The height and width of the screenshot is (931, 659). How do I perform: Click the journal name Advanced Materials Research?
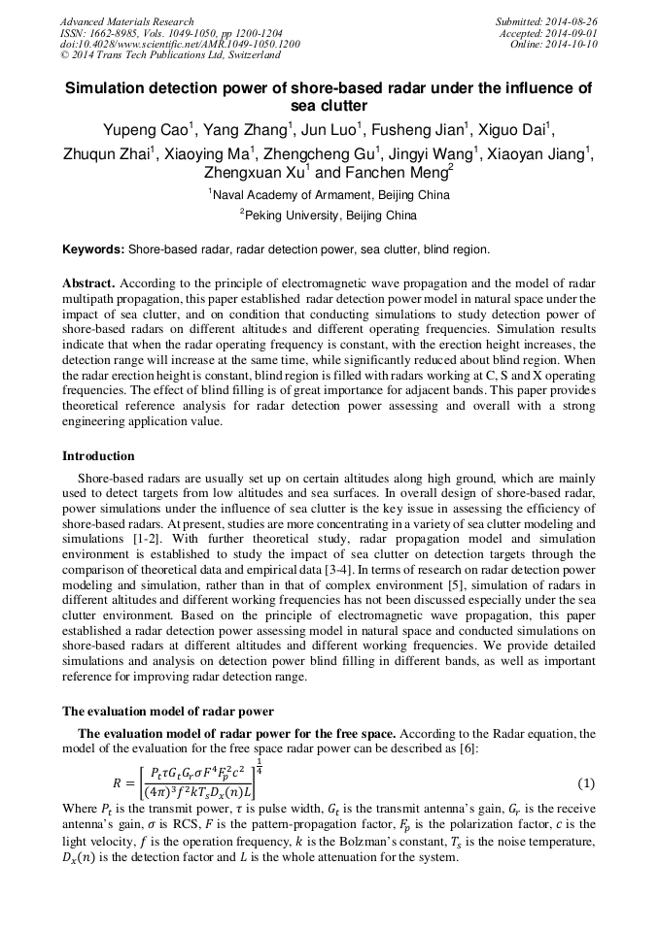(x=127, y=21)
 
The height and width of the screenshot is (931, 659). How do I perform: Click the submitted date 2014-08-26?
(x=572, y=21)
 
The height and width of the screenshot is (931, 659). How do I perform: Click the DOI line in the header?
(x=180, y=44)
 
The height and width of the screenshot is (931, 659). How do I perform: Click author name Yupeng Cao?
(x=147, y=130)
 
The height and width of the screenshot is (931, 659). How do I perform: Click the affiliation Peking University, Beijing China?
(x=330, y=215)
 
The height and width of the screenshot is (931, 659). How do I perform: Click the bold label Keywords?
(x=93, y=249)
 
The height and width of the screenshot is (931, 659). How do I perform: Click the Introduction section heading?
(x=98, y=455)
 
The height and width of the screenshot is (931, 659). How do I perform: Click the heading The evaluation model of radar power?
(x=168, y=712)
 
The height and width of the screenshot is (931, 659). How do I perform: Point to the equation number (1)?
(x=585, y=782)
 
